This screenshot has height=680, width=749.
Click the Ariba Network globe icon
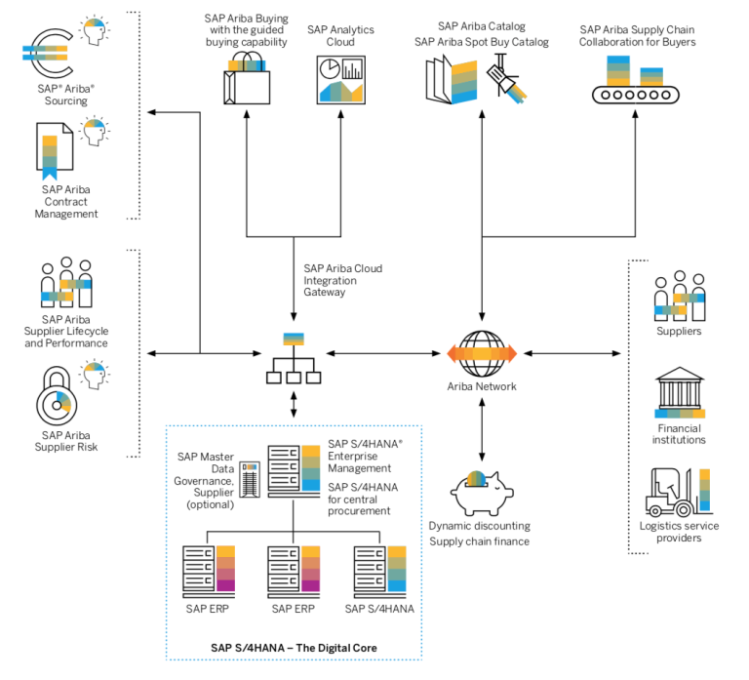pyautogui.click(x=481, y=352)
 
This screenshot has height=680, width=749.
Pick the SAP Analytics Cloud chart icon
pyautogui.click(x=339, y=79)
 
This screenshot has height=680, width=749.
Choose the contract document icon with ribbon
pyautogui.click(x=55, y=150)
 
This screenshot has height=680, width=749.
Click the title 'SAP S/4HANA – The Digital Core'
pyautogui.click(x=294, y=647)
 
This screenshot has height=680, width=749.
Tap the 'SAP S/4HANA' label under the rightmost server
pyautogui.click(x=379, y=609)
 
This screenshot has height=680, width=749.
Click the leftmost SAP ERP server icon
pyautogui.click(x=208, y=570)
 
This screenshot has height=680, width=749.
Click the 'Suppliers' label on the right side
pyautogui.click(x=680, y=331)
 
